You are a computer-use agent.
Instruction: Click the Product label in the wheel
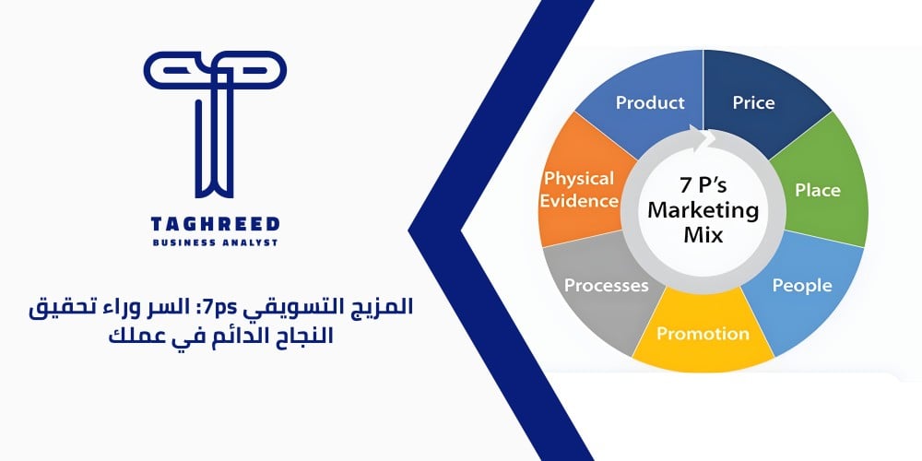(x=650, y=102)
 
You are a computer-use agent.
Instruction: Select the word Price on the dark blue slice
(x=753, y=102)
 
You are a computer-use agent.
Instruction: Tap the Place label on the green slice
(x=817, y=191)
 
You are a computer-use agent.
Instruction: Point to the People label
(x=801, y=286)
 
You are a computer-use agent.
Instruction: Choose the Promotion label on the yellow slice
(x=703, y=333)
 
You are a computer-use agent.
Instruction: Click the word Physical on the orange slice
(x=579, y=177)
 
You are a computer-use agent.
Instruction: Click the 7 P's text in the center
(x=703, y=183)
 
